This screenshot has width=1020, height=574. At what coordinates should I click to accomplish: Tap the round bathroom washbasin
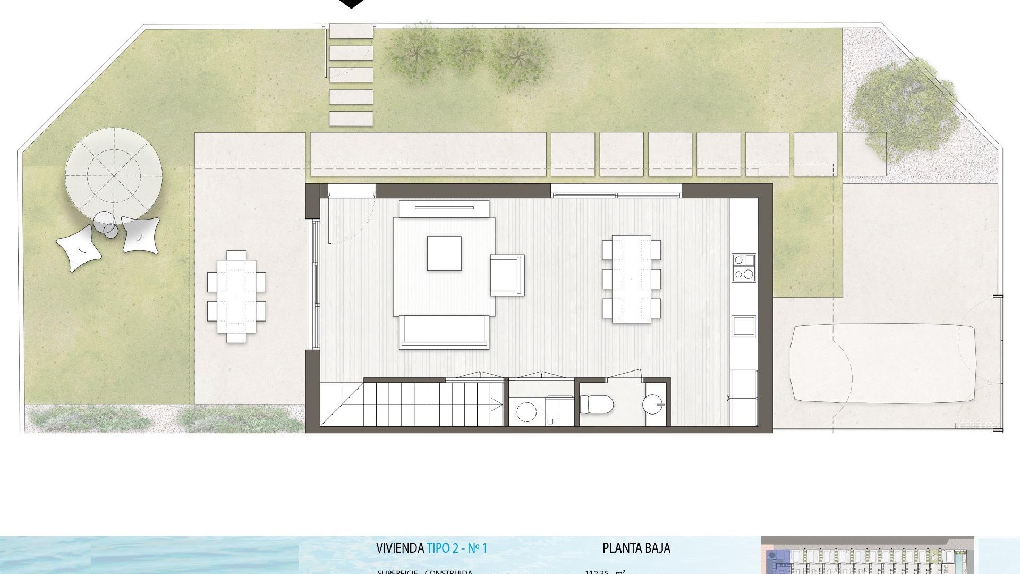click(653, 404)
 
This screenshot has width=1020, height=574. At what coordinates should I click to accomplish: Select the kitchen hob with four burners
click(743, 267)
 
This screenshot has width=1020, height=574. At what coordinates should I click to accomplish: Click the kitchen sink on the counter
click(743, 326)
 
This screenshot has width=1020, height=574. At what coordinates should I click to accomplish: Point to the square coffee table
click(444, 253)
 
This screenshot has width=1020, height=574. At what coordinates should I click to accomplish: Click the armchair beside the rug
click(507, 275)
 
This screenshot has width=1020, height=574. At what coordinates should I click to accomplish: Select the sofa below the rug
click(444, 332)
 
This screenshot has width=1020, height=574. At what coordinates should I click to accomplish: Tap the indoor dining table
click(631, 279)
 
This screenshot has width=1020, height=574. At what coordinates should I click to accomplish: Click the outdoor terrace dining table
click(236, 297)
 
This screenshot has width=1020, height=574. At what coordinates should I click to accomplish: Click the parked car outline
click(882, 363)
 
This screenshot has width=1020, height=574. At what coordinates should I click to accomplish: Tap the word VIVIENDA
click(399, 548)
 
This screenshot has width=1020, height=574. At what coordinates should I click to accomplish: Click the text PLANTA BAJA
click(636, 548)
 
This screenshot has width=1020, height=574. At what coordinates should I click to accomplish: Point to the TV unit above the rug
click(444, 208)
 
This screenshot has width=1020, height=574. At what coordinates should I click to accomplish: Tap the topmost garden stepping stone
click(351, 31)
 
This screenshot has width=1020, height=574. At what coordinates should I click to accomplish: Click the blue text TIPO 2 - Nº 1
click(457, 548)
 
